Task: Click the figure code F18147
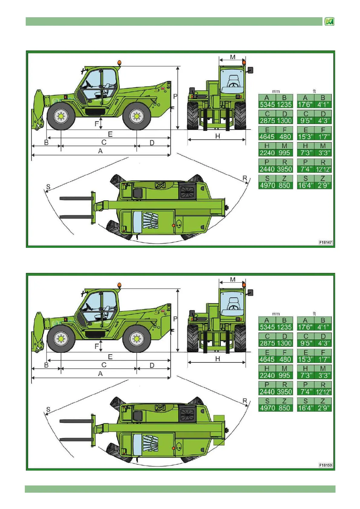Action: click(326, 242)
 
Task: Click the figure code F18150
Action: click(326, 465)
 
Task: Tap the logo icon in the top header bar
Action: click(329, 21)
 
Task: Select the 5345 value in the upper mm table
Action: click(267, 105)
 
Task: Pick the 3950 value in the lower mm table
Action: click(284, 392)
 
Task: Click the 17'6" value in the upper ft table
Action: click(305, 105)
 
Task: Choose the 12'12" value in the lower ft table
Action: click(323, 392)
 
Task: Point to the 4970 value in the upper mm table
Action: click(267, 185)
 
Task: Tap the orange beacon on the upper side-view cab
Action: click(119, 63)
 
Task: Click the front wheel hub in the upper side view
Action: click(61, 116)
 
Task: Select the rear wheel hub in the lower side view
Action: click(136, 339)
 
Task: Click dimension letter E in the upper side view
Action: click(110, 134)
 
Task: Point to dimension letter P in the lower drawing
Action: click(175, 319)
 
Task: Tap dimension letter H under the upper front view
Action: click(218, 136)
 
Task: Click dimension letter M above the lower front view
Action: click(233, 280)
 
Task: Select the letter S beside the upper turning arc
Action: click(48, 187)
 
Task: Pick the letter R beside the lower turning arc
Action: click(245, 401)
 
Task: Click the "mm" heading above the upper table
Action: click(276, 91)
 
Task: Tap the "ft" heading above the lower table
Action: click(314, 314)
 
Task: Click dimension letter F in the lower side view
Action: click(97, 346)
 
